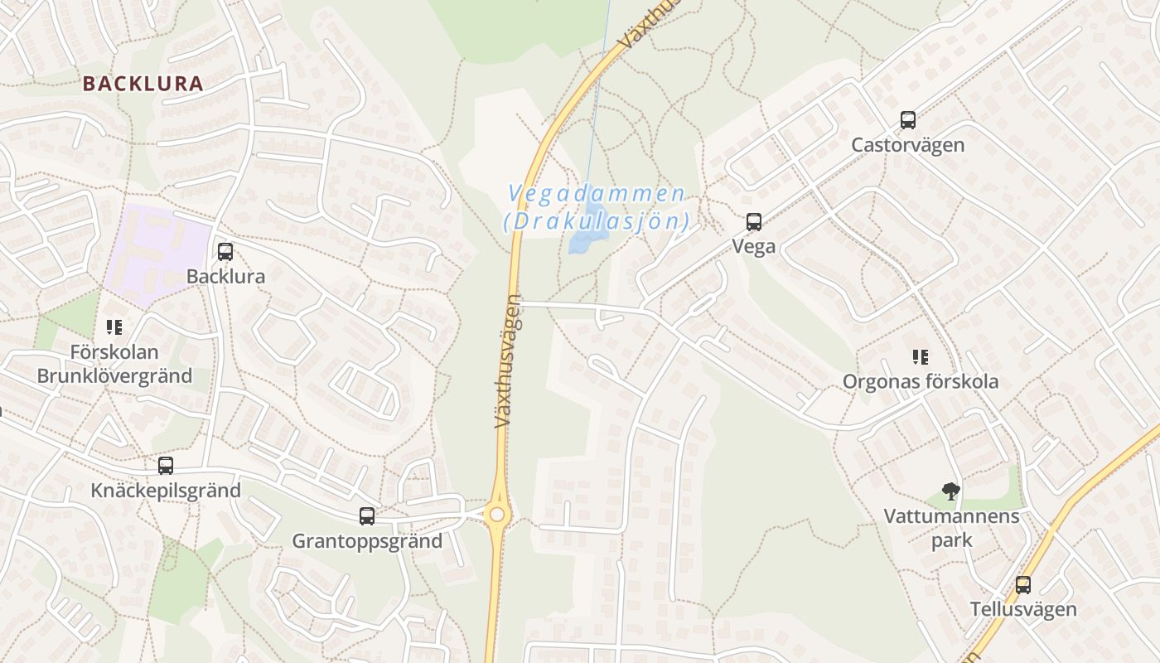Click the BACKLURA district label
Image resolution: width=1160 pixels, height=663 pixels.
(x=143, y=84)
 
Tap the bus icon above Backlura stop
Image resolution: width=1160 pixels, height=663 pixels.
(x=225, y=252)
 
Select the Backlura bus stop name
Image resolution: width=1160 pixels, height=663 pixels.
(x=225, y=277)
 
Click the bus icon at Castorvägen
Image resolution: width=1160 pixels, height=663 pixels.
(x=908, y=120)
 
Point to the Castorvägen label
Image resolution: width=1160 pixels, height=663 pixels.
(x=908, y=145)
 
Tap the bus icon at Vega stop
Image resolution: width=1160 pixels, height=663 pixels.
(x=753, y=222)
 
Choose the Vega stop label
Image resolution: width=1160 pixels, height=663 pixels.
(x=753, y=247)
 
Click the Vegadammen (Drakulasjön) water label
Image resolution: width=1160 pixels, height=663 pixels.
(x=597, y=207)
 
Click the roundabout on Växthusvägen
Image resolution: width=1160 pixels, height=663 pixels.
(x=497, y=515)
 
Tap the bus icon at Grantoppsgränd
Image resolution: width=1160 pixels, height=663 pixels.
(x=367, y=517)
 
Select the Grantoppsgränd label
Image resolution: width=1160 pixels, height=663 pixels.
(x=367, y=542)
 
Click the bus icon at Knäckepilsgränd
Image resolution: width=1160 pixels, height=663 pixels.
(x=166, y=466)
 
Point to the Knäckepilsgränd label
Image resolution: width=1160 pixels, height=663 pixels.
(x=166, y=491)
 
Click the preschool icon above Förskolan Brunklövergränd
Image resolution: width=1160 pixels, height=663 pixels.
(x=114, y=327)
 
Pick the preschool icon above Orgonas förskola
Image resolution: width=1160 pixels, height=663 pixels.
(x=920, y=357)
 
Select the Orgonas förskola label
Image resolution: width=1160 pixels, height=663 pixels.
(x=920, y=382)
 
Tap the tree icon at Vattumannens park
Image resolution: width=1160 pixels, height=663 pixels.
(x=950, y=491)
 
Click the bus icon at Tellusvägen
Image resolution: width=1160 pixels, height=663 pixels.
(x=1023, y=585)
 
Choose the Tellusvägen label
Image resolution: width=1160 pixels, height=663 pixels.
(x=1023, y=610)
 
